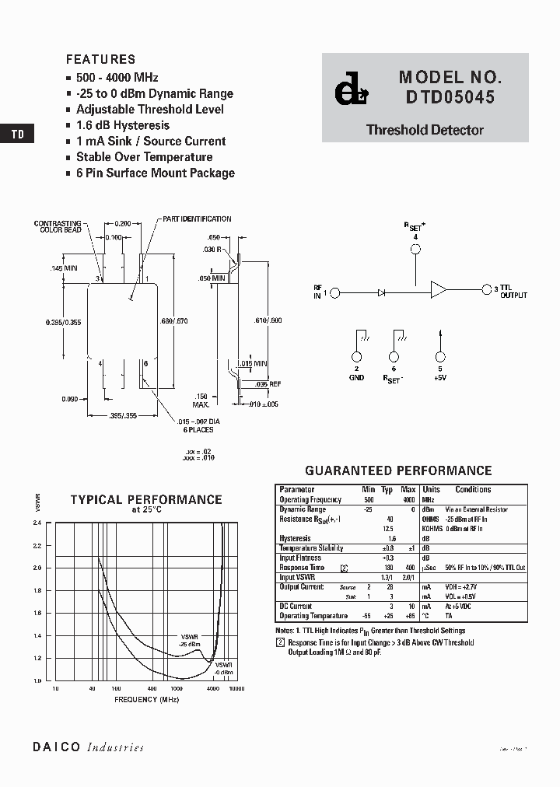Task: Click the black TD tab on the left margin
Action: pos(17,134)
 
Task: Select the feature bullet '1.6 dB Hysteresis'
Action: pos(122,125)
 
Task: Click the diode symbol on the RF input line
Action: pos(382,292)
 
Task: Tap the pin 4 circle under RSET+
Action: pos(416,250)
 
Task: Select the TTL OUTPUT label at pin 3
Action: pos(513,292)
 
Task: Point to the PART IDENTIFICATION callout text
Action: pos(197,219)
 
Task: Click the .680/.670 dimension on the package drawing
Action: pos(175,320)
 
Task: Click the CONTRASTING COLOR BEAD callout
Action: pos(58,227)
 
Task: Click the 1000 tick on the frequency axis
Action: pos(176,689)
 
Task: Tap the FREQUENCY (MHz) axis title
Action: pos(147,700)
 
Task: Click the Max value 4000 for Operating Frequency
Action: pos(408,499)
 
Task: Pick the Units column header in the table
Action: pos(431,490)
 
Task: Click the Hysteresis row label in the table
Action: pos(295,538)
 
